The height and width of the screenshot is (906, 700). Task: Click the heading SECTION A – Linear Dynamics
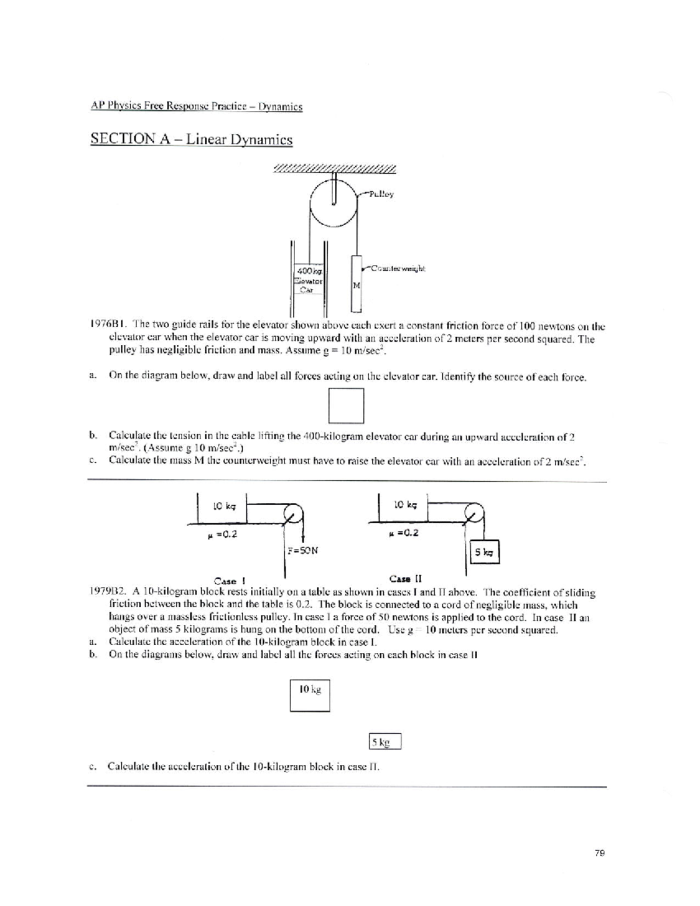191,139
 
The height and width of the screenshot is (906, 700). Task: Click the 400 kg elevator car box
309,279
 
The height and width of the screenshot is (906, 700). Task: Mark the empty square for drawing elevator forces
346,405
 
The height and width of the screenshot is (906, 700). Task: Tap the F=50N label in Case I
302,550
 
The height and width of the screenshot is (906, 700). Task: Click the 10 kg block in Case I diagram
224,507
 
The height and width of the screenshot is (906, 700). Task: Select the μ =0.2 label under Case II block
403,533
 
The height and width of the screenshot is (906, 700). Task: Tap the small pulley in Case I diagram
293,513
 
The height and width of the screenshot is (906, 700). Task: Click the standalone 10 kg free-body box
310,694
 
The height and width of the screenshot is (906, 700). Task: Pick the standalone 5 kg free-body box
386,742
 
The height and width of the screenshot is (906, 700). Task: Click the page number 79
599,852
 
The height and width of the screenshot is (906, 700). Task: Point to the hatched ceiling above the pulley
334,169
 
